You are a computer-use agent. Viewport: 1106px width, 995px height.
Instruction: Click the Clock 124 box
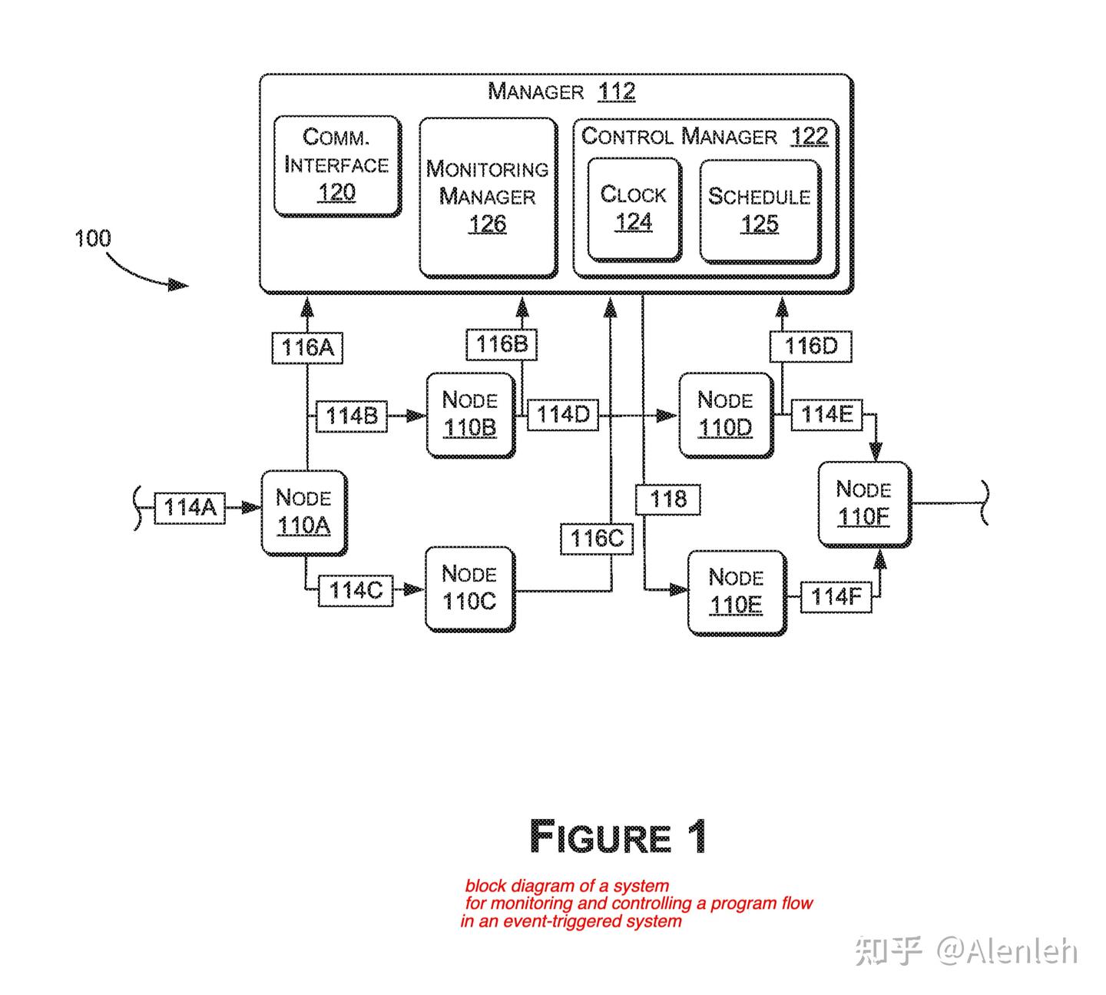[634, 209]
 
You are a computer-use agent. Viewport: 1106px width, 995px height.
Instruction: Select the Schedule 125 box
[759, 211]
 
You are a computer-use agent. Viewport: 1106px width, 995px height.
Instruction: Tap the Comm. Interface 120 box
[336, 164]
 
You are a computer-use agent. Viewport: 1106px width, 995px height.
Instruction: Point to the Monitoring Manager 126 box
[488, 197]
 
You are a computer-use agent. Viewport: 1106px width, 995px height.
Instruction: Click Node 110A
[303, 512]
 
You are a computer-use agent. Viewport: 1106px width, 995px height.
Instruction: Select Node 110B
[470, 414]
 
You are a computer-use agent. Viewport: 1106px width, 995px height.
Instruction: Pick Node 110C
[469, 588]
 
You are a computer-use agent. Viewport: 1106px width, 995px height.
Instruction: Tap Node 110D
[725, 414]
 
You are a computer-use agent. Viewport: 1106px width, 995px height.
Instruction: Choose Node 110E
[736, 592]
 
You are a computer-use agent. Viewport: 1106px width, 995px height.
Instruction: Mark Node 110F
[863, 503]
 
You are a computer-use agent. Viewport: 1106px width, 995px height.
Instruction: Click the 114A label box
[190, 508]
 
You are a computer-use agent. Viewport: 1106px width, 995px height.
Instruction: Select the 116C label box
[597, 539]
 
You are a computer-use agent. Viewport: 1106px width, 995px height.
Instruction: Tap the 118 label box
[668, 499]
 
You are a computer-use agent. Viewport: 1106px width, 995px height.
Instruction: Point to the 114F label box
[836, 597]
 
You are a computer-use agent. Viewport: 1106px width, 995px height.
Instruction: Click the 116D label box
[811, 346]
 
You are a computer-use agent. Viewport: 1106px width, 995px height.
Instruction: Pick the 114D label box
[562, 415]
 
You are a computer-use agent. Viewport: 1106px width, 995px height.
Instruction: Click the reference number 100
[92, 238]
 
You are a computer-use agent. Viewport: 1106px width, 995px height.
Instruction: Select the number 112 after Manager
[616, 91]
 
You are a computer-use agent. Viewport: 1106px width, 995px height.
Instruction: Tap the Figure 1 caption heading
[618, 837]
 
